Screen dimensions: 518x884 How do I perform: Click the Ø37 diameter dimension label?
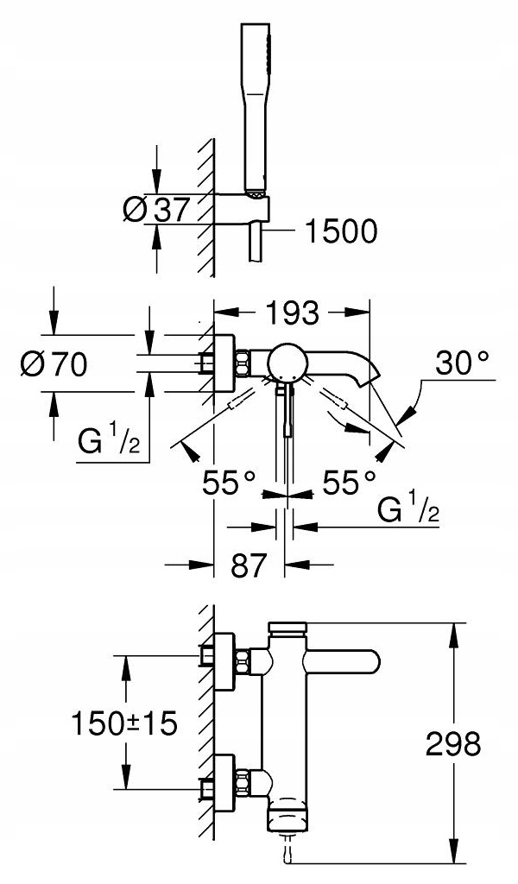pos(155,211)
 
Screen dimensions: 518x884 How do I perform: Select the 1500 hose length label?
pos(340,231)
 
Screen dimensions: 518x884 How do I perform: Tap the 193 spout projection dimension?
pos(293,313)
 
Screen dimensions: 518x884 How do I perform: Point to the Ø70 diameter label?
pos(54,363)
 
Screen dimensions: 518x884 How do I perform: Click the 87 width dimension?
pos(248,565)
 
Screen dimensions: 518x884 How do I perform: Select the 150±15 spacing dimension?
pos(124,723)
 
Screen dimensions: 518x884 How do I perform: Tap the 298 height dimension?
pos(452,744)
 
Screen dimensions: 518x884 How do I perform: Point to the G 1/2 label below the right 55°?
pos(408,508)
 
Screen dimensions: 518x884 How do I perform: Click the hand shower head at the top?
pos(256,110)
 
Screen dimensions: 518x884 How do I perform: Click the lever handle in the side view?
pos(342,661)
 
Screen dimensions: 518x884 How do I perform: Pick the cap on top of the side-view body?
pos(288,628)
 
